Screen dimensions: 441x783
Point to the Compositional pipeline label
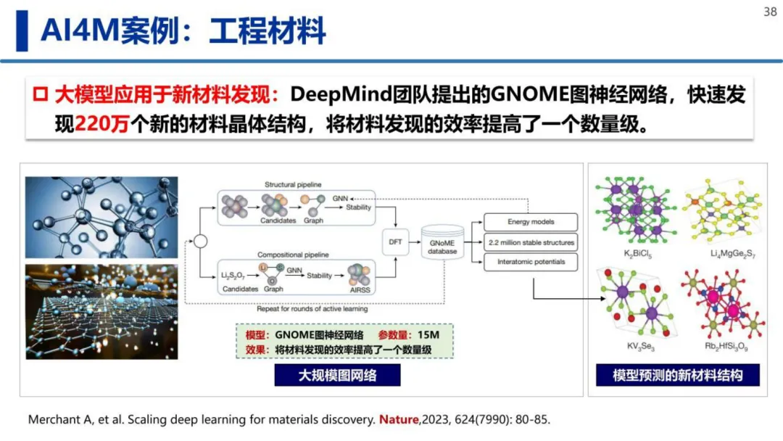(x=294, y=255)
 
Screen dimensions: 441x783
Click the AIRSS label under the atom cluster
(x=361, y=289)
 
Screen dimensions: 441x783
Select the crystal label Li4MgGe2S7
(x=723, y=255)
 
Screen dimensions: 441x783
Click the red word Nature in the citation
(x=399, y=419)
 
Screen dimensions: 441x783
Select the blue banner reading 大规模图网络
(x=338, y=375)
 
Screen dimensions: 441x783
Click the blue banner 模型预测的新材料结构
(x=677, y=375)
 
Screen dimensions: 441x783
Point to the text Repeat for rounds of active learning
(x=312, y=309)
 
